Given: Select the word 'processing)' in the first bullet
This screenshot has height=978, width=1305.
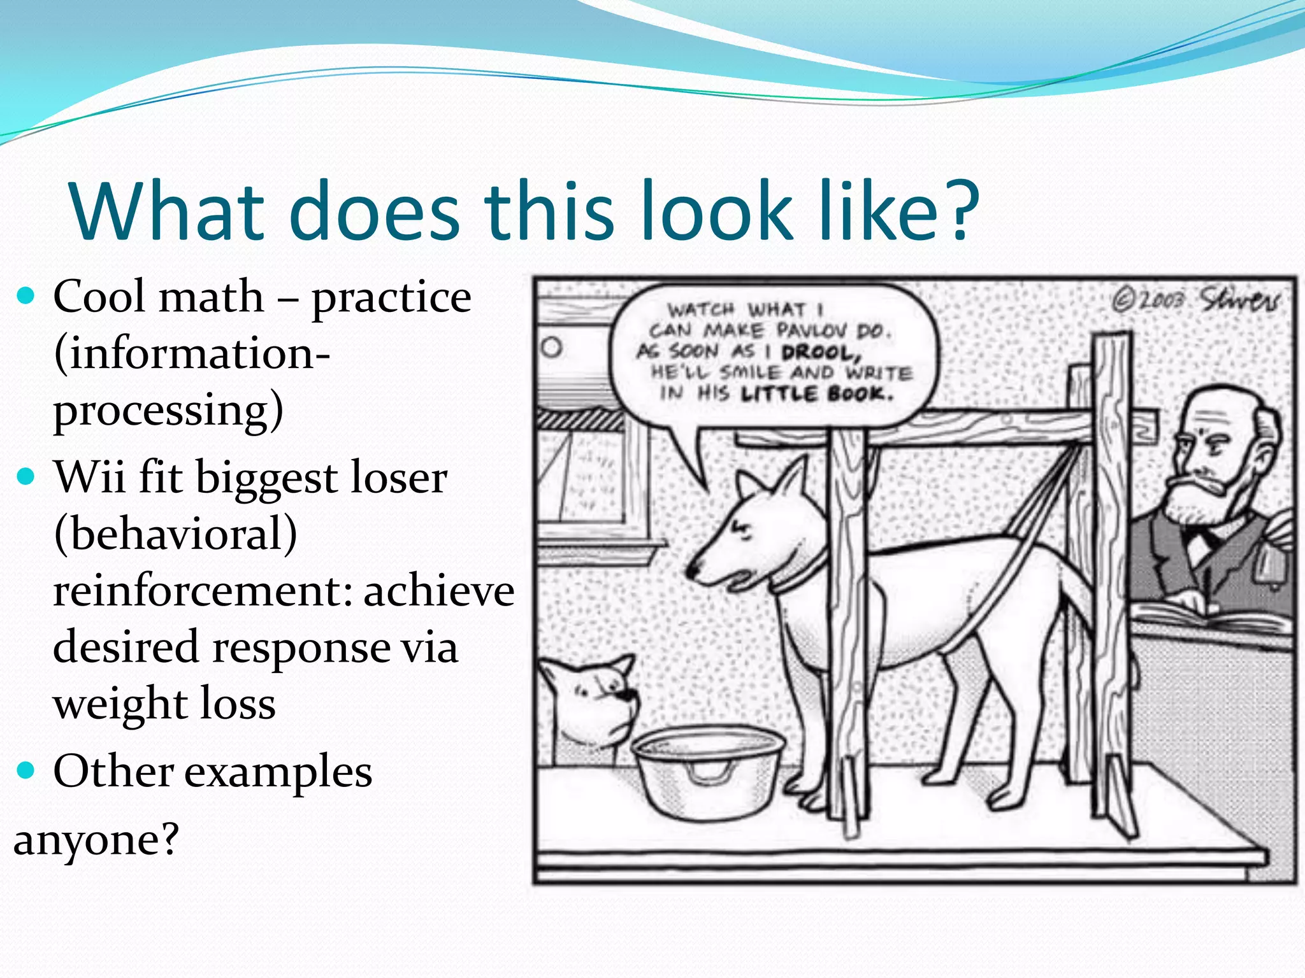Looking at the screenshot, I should point(168,411).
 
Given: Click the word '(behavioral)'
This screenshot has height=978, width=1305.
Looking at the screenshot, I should point(175,534).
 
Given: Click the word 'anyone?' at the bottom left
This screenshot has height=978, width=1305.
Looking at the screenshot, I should point(96,840).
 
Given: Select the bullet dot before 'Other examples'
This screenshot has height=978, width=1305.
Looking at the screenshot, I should point(25,770).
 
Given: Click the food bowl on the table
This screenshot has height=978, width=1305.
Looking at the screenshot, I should point(707,770).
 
